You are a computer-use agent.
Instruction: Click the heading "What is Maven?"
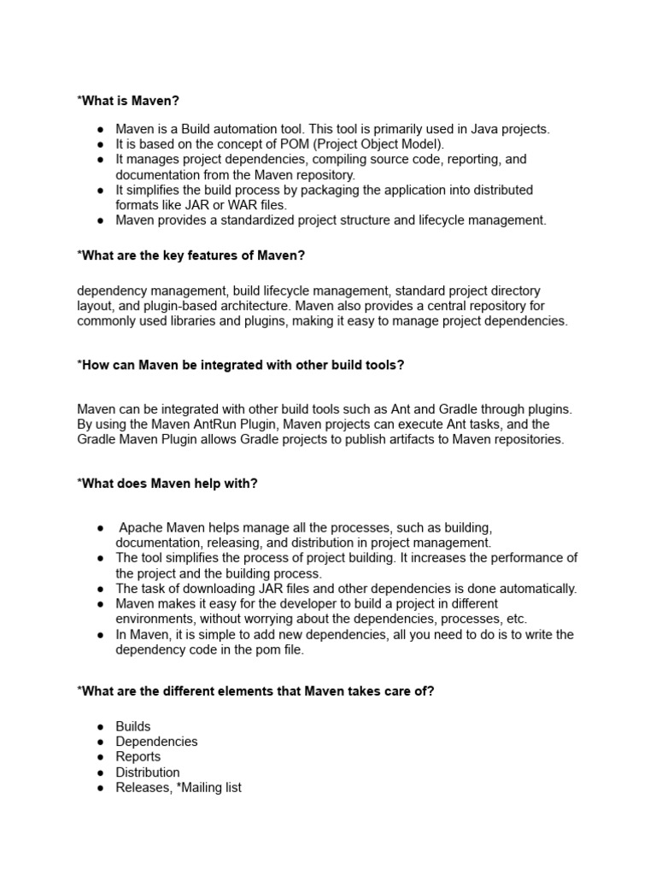tap(128, 101)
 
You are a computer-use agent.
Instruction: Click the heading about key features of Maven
tap(190, 255)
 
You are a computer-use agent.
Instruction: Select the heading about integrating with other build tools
tap(240, 365)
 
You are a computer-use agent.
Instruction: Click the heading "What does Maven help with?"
tap(167, 484)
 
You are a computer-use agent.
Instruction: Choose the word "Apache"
tap(140, 527)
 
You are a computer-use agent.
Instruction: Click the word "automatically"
tap(536, 589)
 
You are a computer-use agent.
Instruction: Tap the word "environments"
tap(156, 619)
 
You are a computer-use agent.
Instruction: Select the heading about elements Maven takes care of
tap(255, 691)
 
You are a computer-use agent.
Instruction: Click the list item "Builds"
tap(133, 726)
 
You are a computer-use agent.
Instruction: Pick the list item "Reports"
tap(138, 757)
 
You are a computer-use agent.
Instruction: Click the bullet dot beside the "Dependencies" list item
tap(101, 742)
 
